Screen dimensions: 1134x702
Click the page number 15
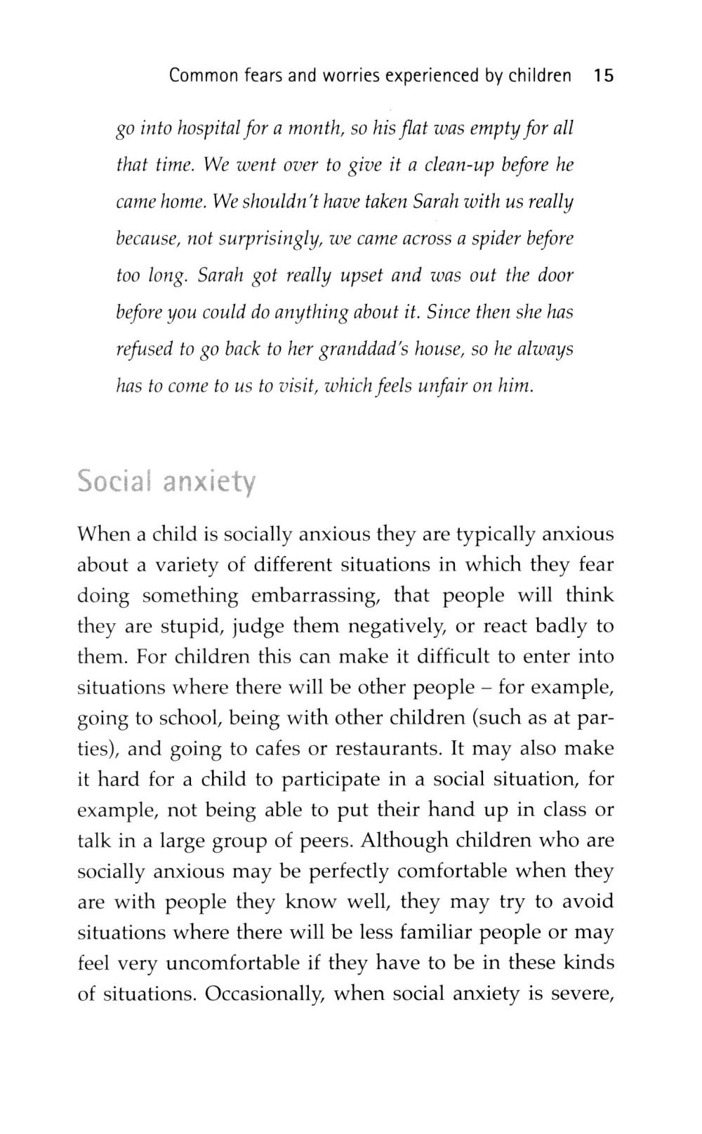click(x=603, y=76)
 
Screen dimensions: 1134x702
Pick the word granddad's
click(x=359, y=349)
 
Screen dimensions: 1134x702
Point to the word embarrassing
click(x=316, y=596)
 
